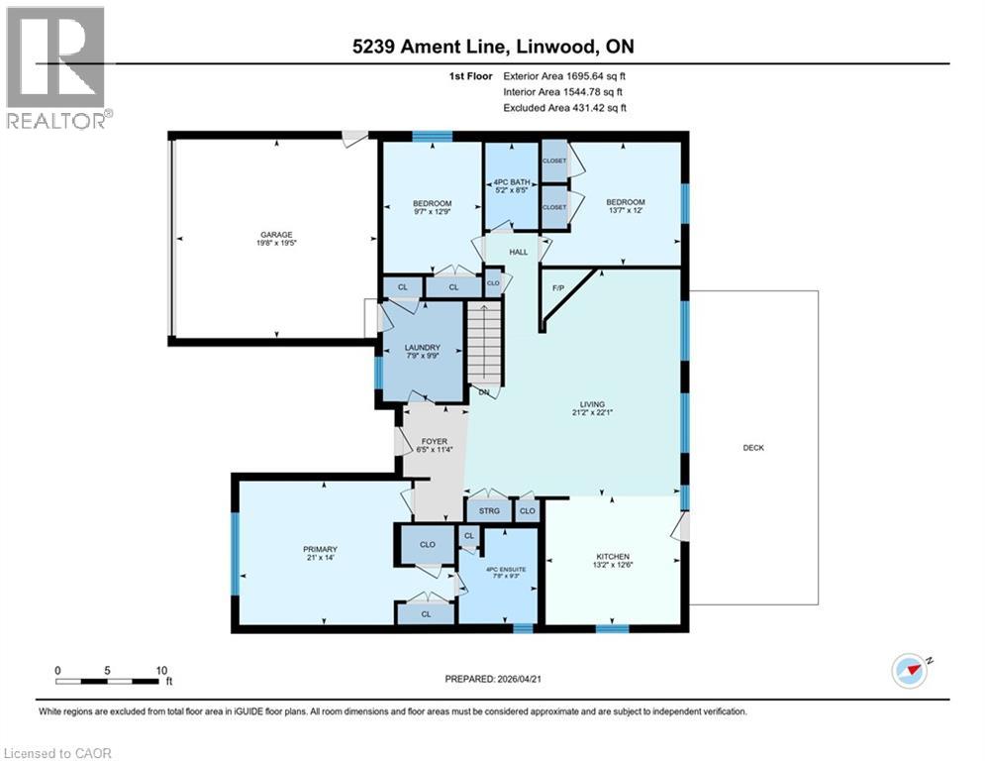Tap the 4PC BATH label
512,182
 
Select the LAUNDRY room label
423,348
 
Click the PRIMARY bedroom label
320,549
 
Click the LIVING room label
594,404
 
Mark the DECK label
753,448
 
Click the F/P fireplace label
558,287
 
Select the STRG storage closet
489,511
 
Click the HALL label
518,253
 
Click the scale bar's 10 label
160,670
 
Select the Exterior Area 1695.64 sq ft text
565,75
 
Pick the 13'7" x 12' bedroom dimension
626,211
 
